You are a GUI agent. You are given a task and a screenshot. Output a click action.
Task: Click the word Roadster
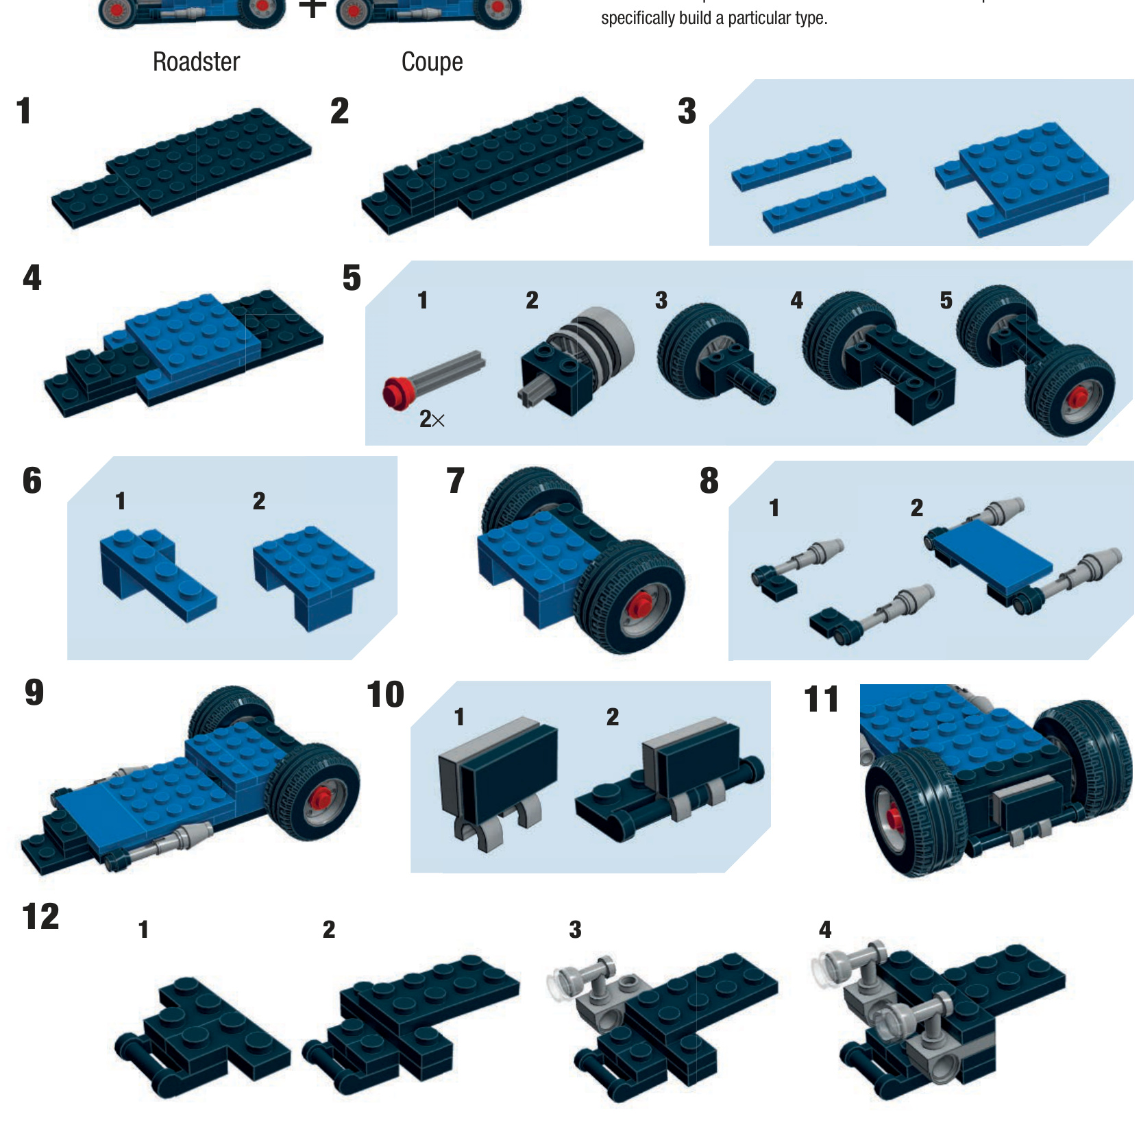196,62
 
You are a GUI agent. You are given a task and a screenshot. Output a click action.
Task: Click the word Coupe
432,62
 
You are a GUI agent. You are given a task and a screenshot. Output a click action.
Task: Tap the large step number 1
25,111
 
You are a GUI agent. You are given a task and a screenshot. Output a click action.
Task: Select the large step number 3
687,111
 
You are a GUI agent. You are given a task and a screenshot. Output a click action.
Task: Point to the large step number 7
456,481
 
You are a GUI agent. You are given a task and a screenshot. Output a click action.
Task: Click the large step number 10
386,694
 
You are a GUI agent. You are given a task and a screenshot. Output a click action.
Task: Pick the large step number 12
41,917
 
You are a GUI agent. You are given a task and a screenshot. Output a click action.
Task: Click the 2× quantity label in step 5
432,419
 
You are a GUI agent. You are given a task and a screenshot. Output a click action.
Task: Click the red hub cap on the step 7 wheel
641,605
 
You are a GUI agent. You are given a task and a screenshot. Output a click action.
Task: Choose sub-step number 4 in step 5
796,300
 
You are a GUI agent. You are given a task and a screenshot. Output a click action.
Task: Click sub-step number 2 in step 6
259,501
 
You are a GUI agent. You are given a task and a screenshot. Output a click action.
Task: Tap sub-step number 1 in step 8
774,508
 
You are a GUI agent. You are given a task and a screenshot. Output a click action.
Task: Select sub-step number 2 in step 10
613,717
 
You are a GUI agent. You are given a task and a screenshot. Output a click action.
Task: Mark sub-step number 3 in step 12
576,930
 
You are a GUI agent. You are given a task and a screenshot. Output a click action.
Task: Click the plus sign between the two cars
312,8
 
